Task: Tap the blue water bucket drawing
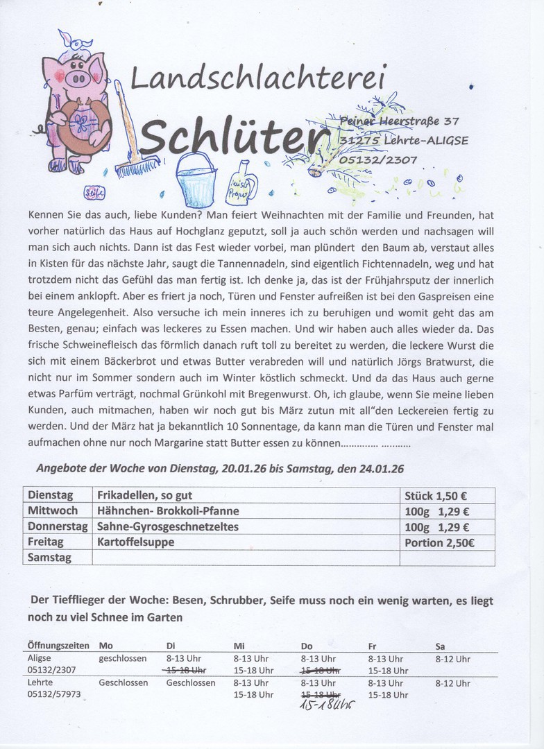click(x=196, y=180)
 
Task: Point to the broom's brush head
click(x=136, y=167)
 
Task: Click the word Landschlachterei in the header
click(x=258, y=79)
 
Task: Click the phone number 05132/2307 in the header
click(x=378, y=160)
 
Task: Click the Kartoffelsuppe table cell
click(x=136, y=542)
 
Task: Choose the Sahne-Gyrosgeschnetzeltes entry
click(x=168, y=526)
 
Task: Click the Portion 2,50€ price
click(x=439, y=542)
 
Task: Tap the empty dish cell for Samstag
click(x=246, y=557)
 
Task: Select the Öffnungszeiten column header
click(x=58, y=646)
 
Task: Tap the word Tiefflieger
click(x=83, y=601)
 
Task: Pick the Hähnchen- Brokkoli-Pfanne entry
click(x=168, y=511)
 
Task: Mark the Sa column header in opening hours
click(x=441, y=646)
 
